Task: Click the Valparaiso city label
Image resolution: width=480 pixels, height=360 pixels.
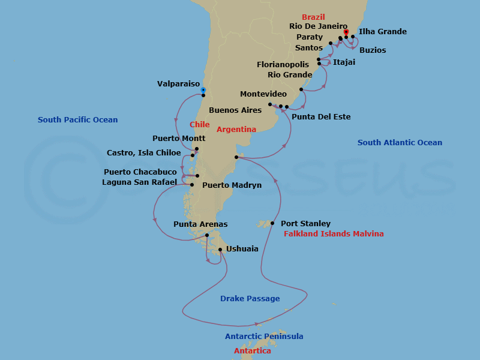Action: coord(178,84)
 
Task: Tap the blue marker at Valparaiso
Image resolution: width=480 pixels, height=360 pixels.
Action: coord(203,90)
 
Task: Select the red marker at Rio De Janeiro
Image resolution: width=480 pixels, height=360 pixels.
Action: coord(346,32)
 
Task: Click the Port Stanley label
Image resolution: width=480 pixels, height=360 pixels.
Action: coord(305,224)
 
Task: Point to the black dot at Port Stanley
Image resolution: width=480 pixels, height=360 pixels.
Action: coord(272,223)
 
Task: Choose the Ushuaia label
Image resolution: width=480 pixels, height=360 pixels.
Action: coord(242,248)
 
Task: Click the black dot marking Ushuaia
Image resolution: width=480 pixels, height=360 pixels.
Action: coord(220,250)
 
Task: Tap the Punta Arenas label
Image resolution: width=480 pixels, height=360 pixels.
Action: coord(200,224)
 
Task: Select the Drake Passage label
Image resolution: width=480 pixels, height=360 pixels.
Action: coord(250,298)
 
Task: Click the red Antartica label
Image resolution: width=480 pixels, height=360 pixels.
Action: coord(252,351)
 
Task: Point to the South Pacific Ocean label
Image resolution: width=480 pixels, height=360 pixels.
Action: coord(78,120)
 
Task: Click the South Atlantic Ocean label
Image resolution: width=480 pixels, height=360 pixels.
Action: coord(400,143)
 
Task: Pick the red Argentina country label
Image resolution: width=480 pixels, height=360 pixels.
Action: coord(236,130)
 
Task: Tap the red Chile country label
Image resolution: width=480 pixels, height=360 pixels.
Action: coord(199,125)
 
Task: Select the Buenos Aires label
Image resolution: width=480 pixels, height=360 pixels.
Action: coord(235,110)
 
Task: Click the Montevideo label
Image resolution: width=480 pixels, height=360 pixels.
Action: coord(263,94)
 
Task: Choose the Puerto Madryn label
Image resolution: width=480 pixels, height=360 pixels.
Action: coord(232,185)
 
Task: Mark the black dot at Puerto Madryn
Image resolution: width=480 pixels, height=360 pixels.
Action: coord(237,158)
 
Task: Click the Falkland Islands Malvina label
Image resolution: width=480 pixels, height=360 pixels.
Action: coord(334,234)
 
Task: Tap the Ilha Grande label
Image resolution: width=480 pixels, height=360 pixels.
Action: coord(382,32)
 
